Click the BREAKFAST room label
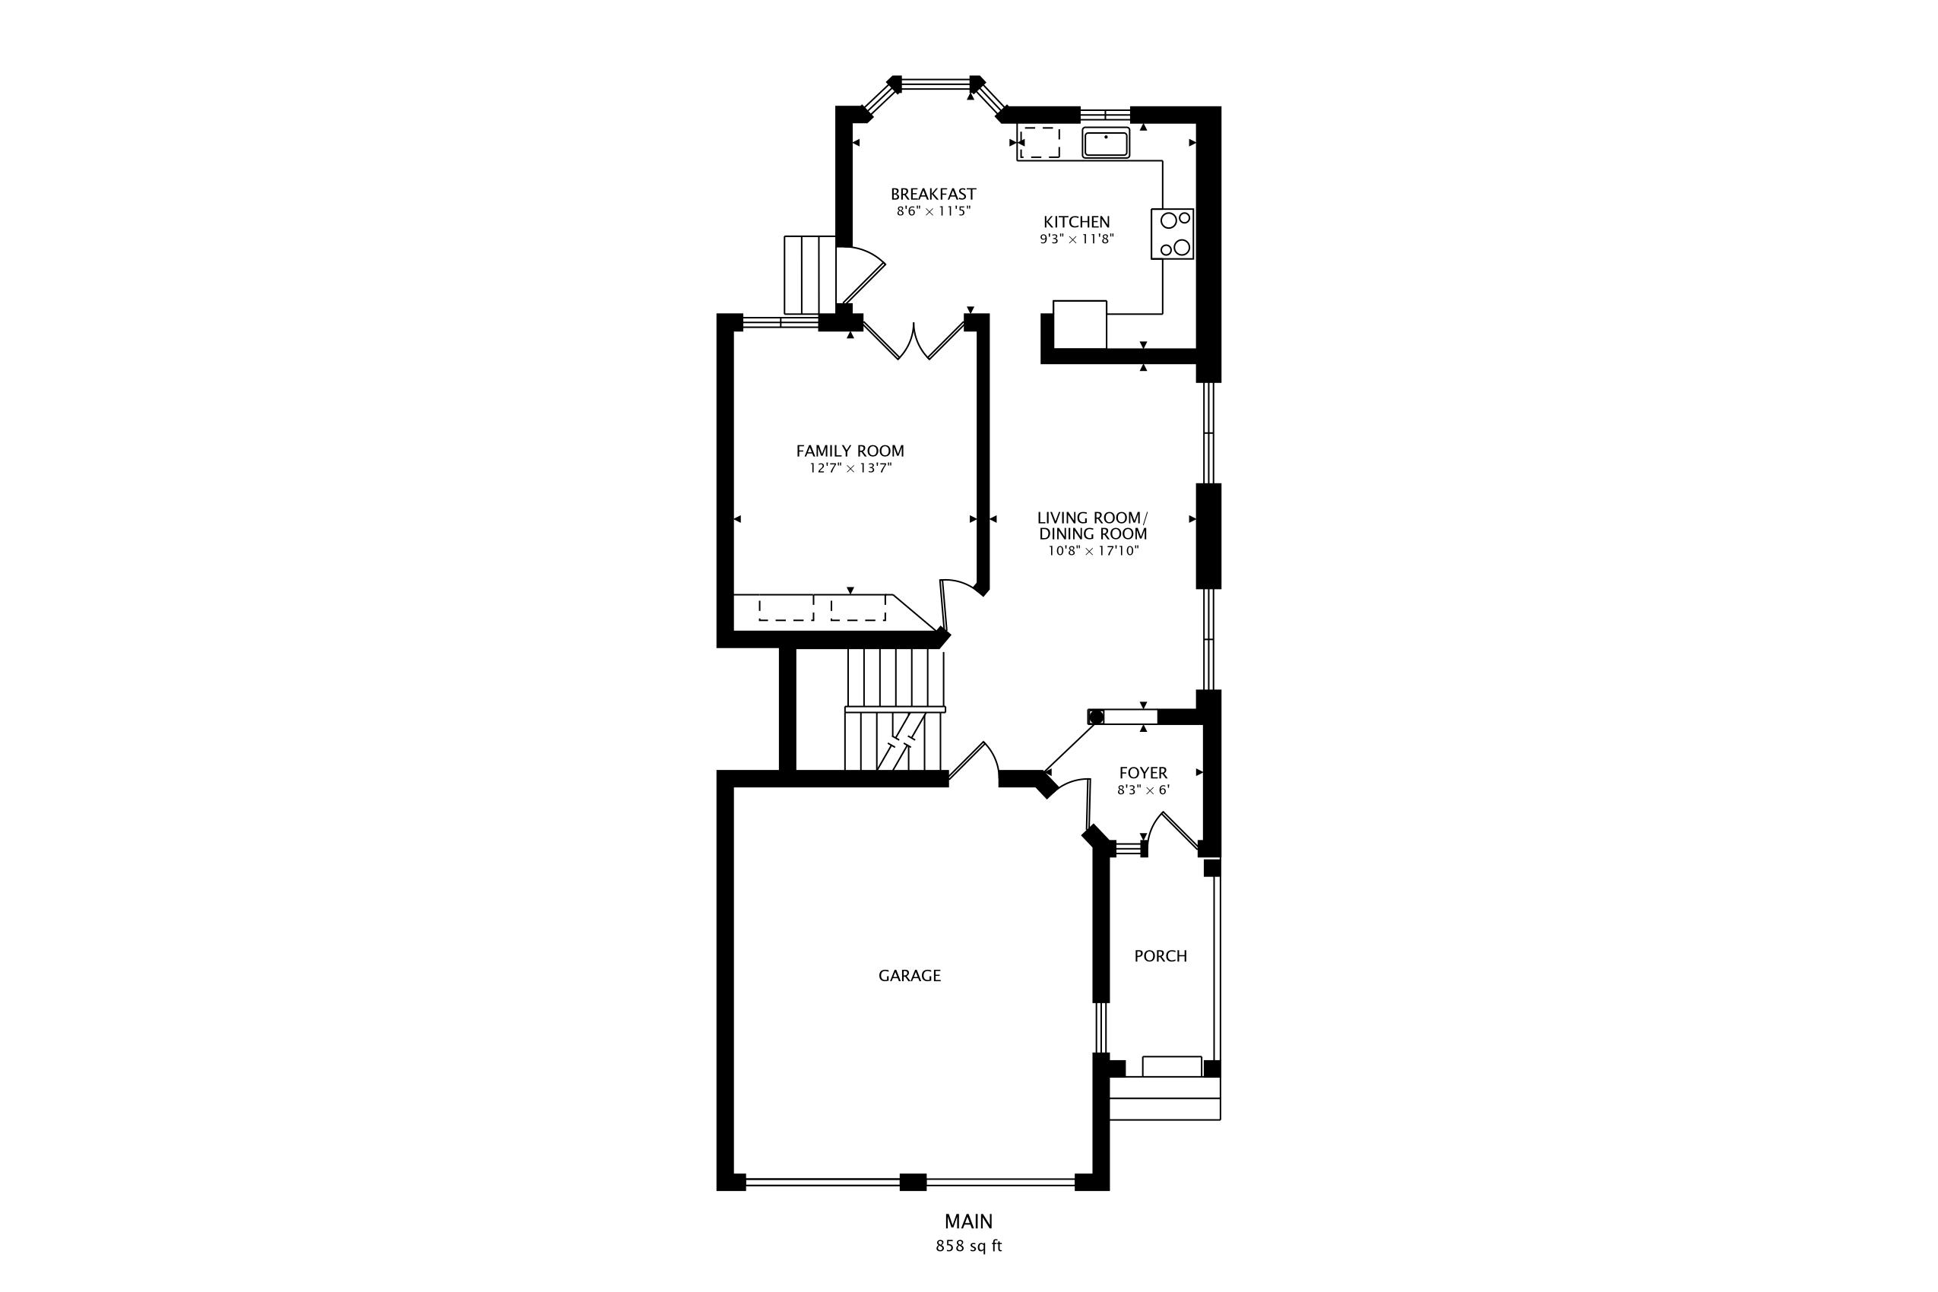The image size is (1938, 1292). click(x=933, y=195)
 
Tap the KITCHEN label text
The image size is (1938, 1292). click(x=1077, y=222)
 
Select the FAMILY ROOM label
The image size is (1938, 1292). click(x=850, y=451)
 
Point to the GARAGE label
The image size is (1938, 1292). click(x=910, y=976)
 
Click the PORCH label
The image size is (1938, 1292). click(x=1161, y=956)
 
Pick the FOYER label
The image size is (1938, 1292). click(x=1144, y=773)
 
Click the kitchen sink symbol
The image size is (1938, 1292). click(x=1106, y=144)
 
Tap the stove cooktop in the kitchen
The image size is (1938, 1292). click(x=1173, y=234)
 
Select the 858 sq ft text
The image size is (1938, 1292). click(x=969, y=1246)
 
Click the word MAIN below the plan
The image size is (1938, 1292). click(x=969, y=1221)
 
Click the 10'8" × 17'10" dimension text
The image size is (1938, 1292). click(x=1094, y=551)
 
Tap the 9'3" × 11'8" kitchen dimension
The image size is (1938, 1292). click(x=1077, y=239)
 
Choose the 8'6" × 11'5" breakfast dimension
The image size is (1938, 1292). click(x=933, y=211)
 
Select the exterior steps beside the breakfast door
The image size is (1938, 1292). click(x=810, y=274)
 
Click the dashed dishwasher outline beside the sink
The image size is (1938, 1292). click(x=1040, y=143)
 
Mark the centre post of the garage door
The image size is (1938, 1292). click(x=913, y=1183)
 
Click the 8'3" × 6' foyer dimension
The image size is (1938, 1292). click(x=1144, y=790)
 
